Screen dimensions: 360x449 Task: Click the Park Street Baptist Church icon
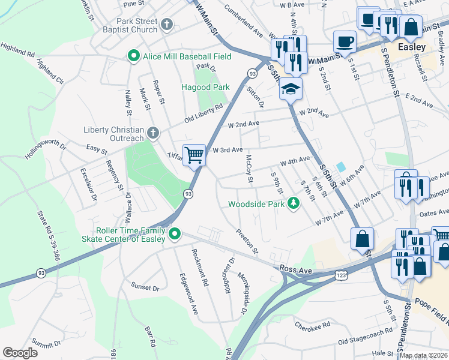[x=167, y=24]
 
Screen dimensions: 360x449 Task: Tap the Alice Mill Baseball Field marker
[x=133, y=56]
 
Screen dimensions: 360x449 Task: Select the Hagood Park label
[x=205, y=87]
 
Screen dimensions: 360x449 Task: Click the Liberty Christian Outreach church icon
[x=153, y=131]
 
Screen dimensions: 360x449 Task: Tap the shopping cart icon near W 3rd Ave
[x=194, y=155]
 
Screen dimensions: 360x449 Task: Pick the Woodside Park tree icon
[x=294, y=203]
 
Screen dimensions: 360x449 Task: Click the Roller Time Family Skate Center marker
[x=175, y=233]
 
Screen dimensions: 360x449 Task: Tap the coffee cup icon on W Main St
[x=345, y=41]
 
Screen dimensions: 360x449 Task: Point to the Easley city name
[x=412, y=47]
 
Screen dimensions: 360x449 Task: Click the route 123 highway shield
[x=340, y=274]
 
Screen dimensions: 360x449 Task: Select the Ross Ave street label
[x=297, y=271]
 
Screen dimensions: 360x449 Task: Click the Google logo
[x=20, y=352]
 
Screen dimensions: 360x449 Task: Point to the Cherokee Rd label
[x=313, y=325]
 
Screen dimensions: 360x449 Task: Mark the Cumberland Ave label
[x=244, y=20]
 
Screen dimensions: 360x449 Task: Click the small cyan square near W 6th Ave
[x=341, y=166]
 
